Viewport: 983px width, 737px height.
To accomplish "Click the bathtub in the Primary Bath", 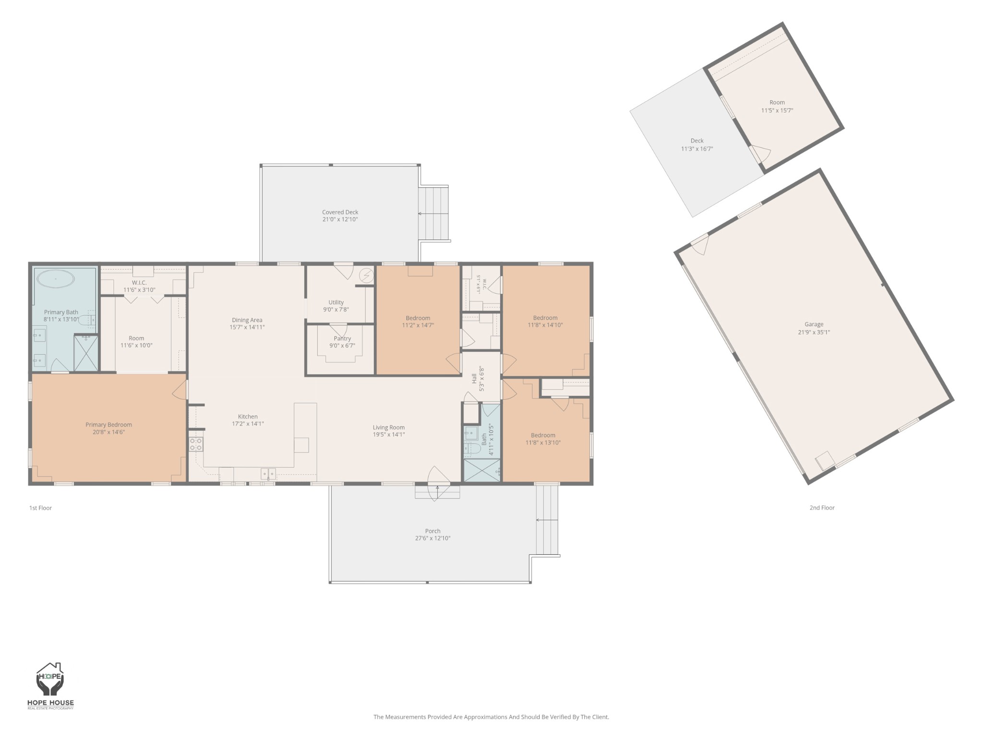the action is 56,279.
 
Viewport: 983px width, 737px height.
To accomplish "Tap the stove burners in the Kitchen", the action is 196,444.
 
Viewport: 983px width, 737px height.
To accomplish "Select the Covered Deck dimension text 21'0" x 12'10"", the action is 340,220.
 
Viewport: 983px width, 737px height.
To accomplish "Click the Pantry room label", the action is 342,339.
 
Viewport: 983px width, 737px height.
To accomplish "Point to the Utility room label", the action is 336,302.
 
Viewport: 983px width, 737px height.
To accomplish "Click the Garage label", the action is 814,324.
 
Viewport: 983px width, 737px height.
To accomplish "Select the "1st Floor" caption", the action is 40,508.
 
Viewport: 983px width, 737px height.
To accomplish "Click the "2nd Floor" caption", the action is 822,508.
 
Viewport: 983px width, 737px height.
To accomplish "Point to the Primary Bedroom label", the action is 108,425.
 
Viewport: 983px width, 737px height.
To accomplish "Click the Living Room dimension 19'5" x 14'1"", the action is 389,435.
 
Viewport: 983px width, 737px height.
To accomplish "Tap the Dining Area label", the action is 247,320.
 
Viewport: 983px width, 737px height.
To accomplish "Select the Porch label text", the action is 432,531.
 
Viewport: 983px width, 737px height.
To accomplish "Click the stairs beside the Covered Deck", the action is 434,214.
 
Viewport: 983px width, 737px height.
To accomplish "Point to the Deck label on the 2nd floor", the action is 697,141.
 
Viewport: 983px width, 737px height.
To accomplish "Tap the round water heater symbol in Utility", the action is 367,275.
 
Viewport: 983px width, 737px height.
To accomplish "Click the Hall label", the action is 474,379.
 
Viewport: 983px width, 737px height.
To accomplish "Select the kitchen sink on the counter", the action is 268,474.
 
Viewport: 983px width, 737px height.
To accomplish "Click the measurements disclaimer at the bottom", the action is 491,717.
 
